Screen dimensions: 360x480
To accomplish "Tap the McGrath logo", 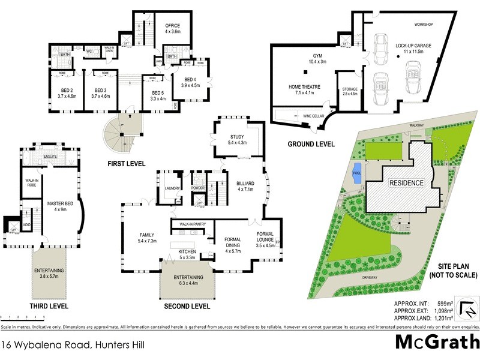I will tap(436, 342).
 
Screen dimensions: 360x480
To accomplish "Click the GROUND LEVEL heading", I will tap(311, 144).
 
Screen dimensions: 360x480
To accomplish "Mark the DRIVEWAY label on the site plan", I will tap(370, 278).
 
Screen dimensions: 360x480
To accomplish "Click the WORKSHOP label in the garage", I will tap(423, 24).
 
